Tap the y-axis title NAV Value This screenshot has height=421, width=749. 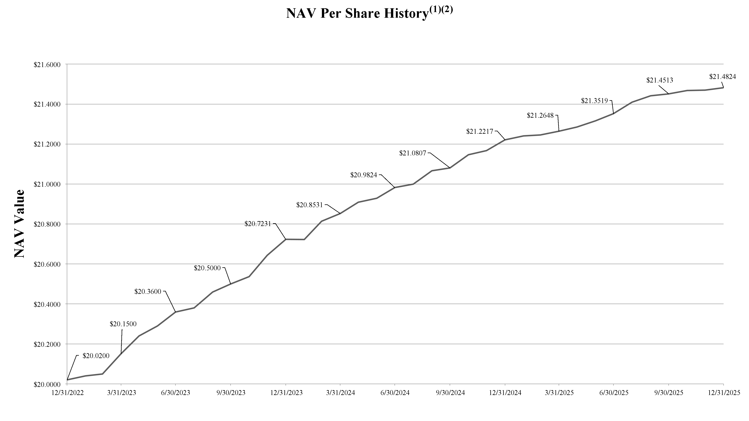point(19,223)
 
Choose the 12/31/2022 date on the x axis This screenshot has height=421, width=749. point(67,393)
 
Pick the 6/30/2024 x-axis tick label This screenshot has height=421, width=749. point(395,393)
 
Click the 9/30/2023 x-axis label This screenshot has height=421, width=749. point(231,393)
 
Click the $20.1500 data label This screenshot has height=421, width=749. point(123,324)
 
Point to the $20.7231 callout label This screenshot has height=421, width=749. point(258,224)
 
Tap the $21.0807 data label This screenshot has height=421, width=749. point(412,153)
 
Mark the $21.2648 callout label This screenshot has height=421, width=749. point(540,115)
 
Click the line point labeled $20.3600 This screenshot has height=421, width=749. point(176,312)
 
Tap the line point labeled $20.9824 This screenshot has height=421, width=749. point(395,187)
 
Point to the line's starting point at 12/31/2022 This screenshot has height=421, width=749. point(67,380)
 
